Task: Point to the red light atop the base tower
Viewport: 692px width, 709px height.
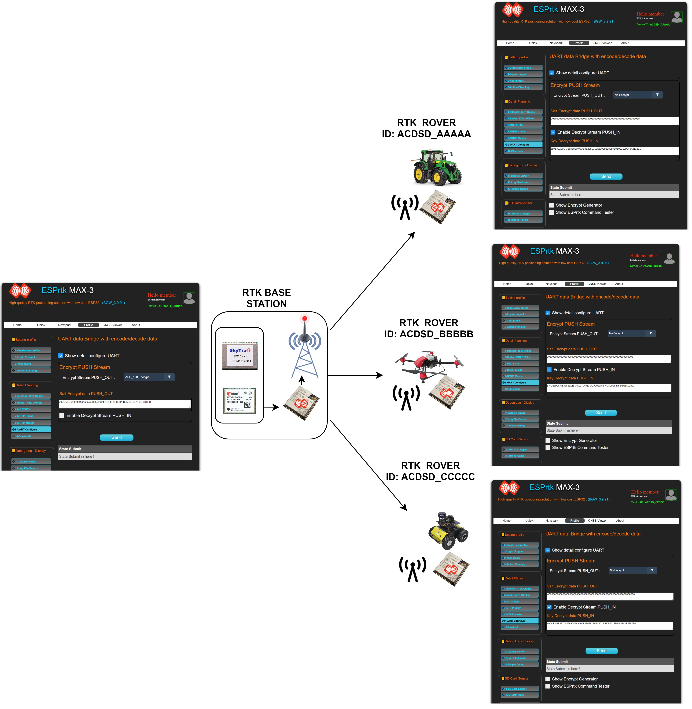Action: click(x=305, y=319)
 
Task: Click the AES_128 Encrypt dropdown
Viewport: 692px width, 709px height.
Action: click(x=149, y=377)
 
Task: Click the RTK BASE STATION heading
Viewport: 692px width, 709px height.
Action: click(x=266, y=298)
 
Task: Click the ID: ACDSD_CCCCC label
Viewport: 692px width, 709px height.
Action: click(x=430, y=477)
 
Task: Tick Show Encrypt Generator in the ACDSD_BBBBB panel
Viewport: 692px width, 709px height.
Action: click(x=548, y=441)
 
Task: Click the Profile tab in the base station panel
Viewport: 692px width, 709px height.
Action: click(x=88, y=325)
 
